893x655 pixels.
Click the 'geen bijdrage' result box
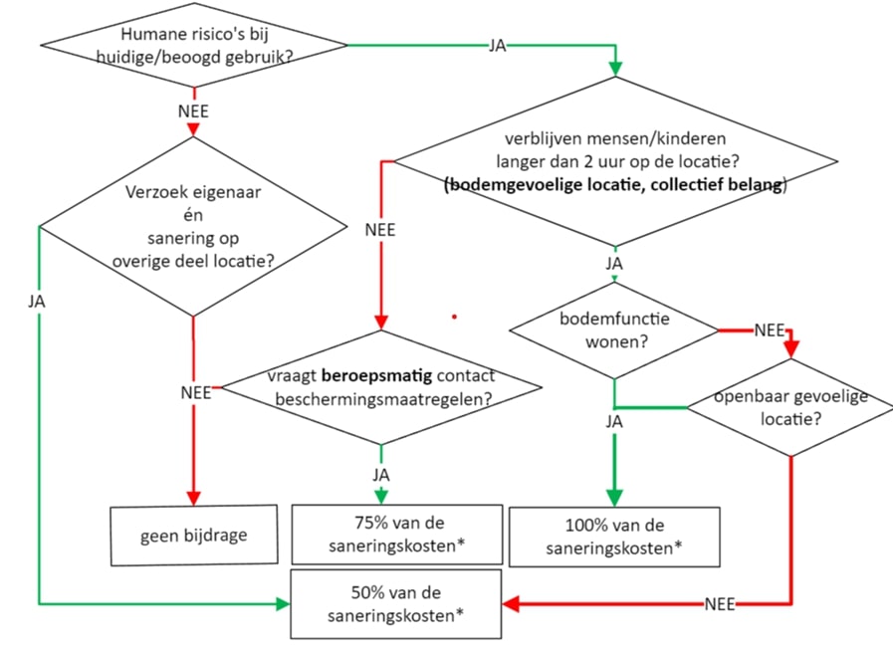[x=193, y=535]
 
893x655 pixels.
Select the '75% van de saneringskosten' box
[x=396, y=535]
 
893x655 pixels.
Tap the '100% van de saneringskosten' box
[x=613, y=536]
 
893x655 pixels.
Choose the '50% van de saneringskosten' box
[x=395, y=603]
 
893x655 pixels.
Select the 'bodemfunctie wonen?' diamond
[x=613, y=330]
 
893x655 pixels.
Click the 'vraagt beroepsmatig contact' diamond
[x=381, y=387]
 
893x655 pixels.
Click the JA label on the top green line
[x=497, y=46]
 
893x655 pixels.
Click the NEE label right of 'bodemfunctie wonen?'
[x=768, y=329]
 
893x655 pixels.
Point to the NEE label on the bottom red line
[x=720, y=603]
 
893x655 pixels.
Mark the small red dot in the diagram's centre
[x=454, y=317]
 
